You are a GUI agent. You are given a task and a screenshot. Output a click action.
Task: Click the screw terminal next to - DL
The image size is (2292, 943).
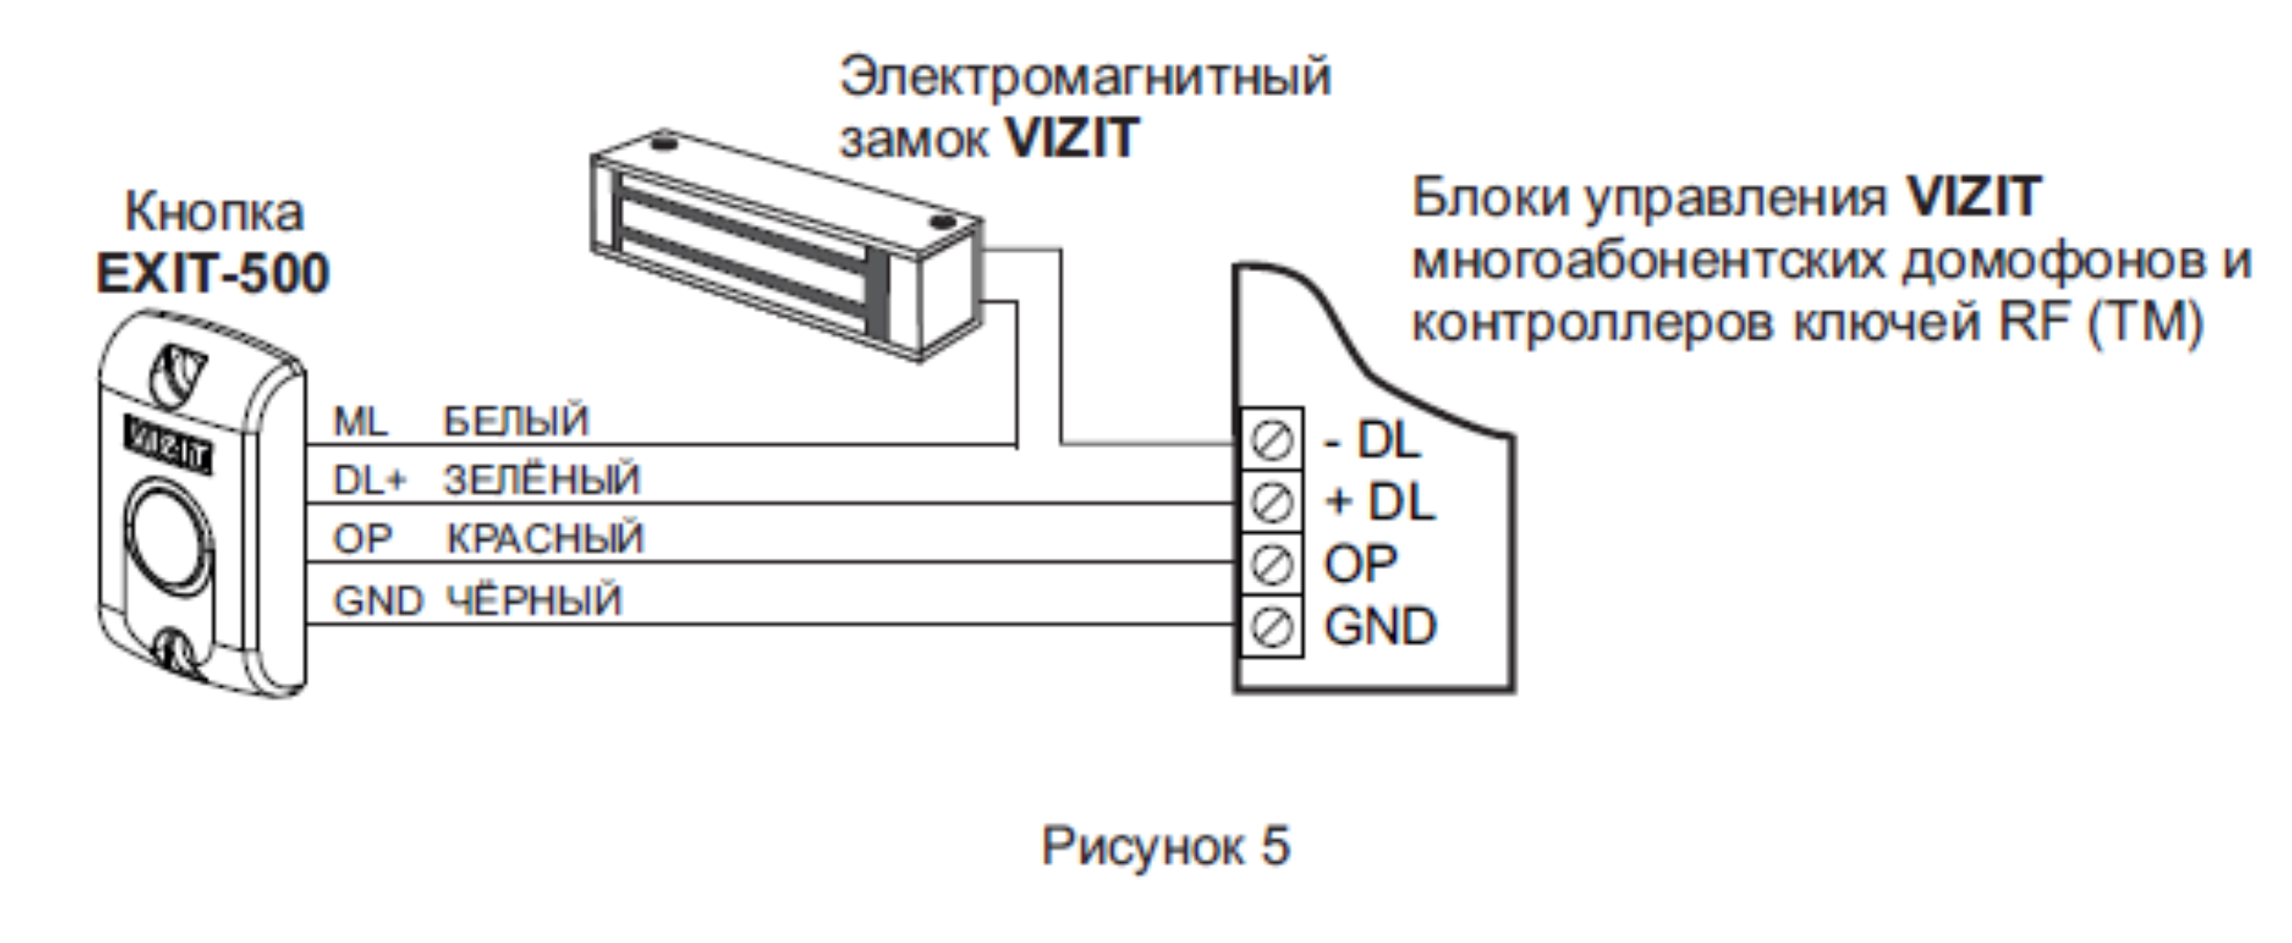[x=1272, y=441]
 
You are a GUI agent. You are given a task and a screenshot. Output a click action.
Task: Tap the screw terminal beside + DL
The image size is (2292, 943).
[x=1272, y=502]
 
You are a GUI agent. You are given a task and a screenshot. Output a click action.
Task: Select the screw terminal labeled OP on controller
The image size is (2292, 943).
[x=1272, y=564]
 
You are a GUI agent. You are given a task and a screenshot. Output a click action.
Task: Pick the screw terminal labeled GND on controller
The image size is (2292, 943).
[x=1272, y=627]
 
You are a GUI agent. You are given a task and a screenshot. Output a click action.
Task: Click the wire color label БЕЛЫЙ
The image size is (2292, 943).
[x=516, y=420]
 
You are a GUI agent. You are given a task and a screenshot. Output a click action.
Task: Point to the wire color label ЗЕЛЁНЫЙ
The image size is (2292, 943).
[x=542, y=480]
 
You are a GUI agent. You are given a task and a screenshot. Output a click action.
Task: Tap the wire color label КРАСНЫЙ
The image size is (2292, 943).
[x=545, y=539]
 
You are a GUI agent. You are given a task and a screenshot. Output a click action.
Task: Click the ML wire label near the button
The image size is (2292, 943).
[x=360, y=421]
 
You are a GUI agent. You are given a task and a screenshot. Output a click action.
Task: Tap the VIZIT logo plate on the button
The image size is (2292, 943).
[x=168, y=443]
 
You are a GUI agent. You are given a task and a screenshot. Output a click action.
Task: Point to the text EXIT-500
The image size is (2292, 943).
[x=213, y=274]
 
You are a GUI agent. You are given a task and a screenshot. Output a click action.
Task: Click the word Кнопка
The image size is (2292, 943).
[x=215, y=213]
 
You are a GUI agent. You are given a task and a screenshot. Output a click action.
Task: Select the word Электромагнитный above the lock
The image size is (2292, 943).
[x=1084, y=77]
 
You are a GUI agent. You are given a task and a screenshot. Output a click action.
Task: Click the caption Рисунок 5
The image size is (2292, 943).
[x=1164, y=845]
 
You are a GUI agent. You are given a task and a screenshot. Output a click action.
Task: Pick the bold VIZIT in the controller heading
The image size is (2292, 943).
[x=1973, y=197]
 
